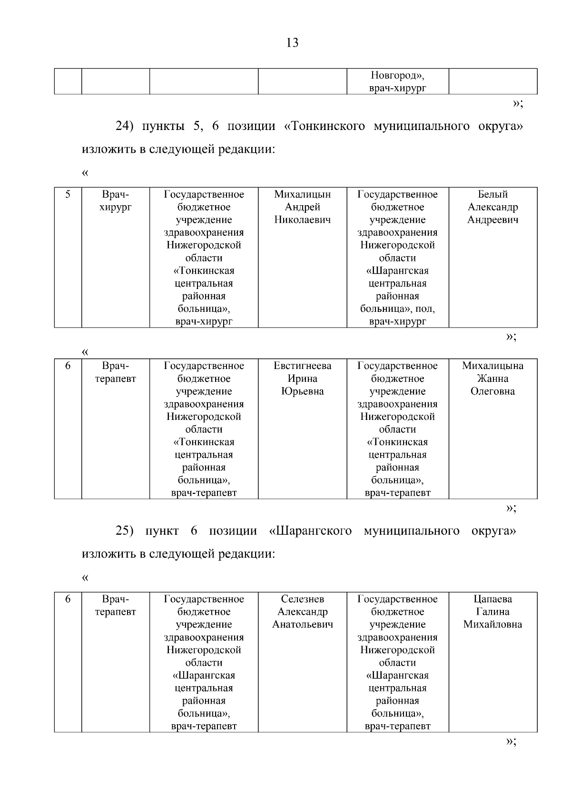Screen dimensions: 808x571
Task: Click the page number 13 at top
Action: (x=292, y=43)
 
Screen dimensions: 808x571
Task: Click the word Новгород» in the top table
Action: (x=397, y=75)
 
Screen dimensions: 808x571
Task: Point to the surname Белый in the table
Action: (x=492, y=194)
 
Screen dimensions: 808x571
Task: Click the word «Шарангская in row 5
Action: (x=397, y=271)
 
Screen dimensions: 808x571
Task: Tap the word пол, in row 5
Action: (x=425, y=309)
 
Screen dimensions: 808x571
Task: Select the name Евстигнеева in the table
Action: (x=302, y=366)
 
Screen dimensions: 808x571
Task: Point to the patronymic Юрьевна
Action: (x=302, y=391)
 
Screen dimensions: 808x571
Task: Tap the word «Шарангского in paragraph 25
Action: (x=310, y=531)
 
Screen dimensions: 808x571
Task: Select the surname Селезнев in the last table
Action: (x=302, y=599)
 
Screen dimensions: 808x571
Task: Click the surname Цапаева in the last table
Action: (x=492, y=599)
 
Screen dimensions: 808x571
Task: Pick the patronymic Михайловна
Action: (x=492, y=625)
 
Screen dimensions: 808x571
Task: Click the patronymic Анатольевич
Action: (x=302, y=625)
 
